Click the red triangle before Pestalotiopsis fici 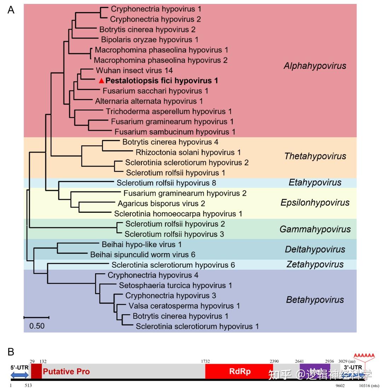102,81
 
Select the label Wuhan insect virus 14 134,70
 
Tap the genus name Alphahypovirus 315,66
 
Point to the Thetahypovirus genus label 315,156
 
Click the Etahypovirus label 315,182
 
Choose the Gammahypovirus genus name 315,229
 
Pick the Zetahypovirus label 315,264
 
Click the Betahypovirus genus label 315,300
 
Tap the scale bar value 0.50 37,326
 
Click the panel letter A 11,10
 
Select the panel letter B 11,352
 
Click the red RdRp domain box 239,372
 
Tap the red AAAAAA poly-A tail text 364,355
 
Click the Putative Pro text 66,372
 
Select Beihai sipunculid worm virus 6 143,255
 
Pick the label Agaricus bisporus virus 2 161,204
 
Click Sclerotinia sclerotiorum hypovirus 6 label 173,265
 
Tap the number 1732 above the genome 205,361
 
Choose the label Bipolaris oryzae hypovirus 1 150,40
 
